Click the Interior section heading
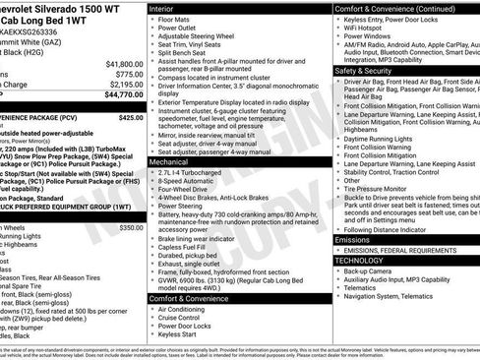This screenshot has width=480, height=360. tap(164, 8)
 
